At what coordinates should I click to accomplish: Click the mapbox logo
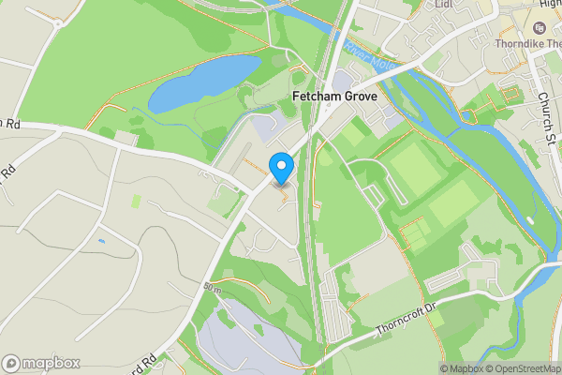coord(41,363)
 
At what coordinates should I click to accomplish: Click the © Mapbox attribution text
coord(459,368)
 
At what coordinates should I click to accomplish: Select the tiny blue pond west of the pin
coord(100,241)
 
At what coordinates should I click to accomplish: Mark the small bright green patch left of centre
coord(137,202)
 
